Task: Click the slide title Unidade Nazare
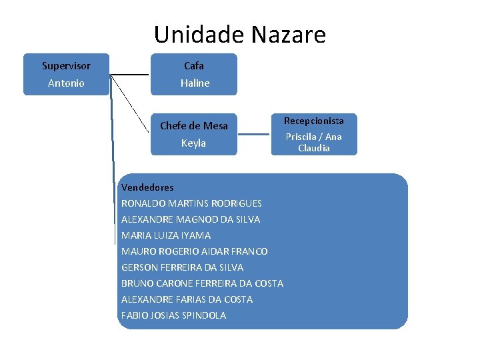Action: tap(239, 34)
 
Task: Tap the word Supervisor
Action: tap(66, 66)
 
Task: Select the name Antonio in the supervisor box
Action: tap(66, 83)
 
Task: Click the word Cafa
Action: tap(194, 66)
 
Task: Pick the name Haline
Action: tap(195, 83)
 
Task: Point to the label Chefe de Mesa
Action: tap(194, 126)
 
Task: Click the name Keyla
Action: tap(194, 143)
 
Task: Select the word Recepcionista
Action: tap(314, 121)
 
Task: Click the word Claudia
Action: tap(314, 148)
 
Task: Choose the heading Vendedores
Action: tap(147, 187)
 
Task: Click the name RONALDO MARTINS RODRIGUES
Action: tap(191, 203)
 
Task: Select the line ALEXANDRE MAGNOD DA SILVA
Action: tap(191, 219)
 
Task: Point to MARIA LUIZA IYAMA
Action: tap(166, 235)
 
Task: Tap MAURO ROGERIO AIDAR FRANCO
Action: tap(195, 251)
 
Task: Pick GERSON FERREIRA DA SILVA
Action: tap(183, 267)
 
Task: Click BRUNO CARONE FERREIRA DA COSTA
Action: tap(202, 283)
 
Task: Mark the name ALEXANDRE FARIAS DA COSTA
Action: tap(187, 299)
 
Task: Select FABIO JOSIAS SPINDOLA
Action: tap(173, 315)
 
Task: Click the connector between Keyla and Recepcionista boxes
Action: tap(254, 134)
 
